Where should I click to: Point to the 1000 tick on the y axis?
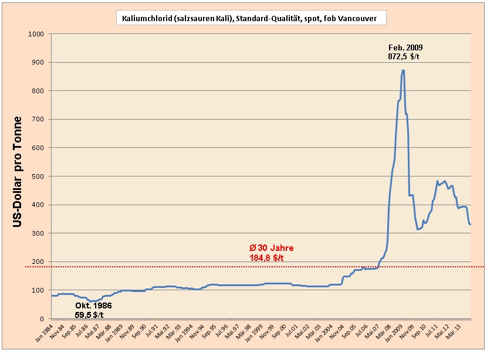click(x=36, y=34)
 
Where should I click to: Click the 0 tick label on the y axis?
click(x=43, y=319)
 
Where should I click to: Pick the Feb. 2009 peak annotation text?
click(x=405, y=47)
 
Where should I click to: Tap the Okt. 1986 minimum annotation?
click(x=93, y=306)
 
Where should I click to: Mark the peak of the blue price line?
click(x=403, y=70)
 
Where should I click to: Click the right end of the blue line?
click(x=471, y=224)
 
